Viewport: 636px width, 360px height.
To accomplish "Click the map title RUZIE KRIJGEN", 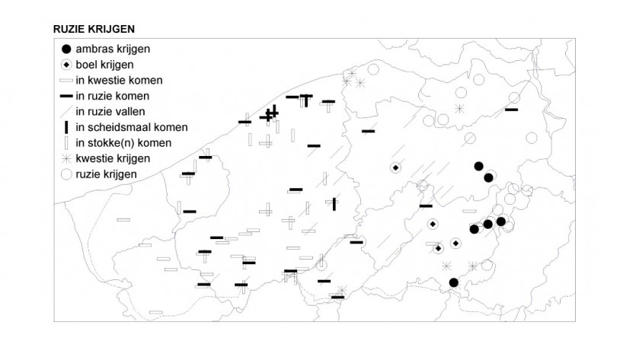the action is [x=94, y=29].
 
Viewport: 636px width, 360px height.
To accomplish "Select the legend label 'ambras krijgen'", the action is [x=113, y=49].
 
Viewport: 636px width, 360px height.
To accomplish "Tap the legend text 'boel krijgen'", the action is [x=104, y=65].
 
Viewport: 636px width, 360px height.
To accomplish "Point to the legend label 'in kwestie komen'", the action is [x=119, y=80].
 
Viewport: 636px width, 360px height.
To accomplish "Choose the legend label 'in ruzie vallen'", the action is [x=110, y=111].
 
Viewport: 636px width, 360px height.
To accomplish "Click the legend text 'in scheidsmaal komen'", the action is [x=132, y=127].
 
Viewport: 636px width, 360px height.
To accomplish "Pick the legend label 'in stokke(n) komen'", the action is [x=123, y=143].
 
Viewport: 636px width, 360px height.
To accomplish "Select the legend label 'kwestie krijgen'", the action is [x=113, y=158].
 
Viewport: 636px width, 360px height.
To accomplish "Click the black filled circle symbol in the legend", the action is [x=66, y=49].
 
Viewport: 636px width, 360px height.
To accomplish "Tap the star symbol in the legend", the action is [x=66, y=158].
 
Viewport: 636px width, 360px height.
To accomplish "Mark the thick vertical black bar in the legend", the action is [x=66, y=127].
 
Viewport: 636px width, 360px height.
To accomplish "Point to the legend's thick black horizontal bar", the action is [x=66, y=96].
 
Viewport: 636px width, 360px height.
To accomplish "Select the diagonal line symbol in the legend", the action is [x=66, y=111].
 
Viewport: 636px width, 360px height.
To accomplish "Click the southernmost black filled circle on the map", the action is [x=454, y=282].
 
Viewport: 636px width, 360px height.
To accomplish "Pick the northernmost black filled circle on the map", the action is [x=478, y=166].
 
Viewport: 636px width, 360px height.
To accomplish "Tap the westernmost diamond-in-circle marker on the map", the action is [x=396, y=168].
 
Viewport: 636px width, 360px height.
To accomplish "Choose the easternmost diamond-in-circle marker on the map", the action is [x=456, y=244].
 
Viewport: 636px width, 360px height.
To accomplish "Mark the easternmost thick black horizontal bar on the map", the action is [x=512, y=110].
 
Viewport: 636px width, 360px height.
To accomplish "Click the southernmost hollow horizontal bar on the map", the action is [x=156, y=312].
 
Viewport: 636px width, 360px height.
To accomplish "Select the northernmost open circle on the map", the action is [x=373, y=70].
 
